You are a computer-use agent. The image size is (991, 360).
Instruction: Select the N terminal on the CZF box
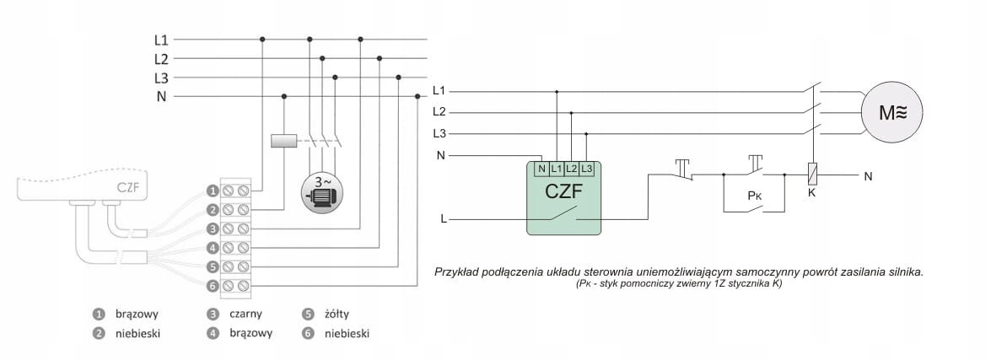tap(541, 168)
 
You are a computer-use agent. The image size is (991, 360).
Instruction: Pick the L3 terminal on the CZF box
tap(587, 168)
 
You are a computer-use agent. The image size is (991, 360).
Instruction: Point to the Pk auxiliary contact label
tap(756, 195)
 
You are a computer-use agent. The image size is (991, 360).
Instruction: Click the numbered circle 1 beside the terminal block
tap(213, 191)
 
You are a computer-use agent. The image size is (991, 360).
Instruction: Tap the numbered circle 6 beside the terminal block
tap(213, 287)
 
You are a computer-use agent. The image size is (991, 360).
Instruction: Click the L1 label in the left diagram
tap(161, 39)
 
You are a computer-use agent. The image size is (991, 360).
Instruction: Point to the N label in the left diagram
tap(161, 96)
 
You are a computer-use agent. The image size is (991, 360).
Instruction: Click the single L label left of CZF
tap(444, 219)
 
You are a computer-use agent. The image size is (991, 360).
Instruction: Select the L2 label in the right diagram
tap(439, 111)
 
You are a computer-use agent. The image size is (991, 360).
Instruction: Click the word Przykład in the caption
tap(458, 272)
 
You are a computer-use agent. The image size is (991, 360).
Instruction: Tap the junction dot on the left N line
tap(283, 96)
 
